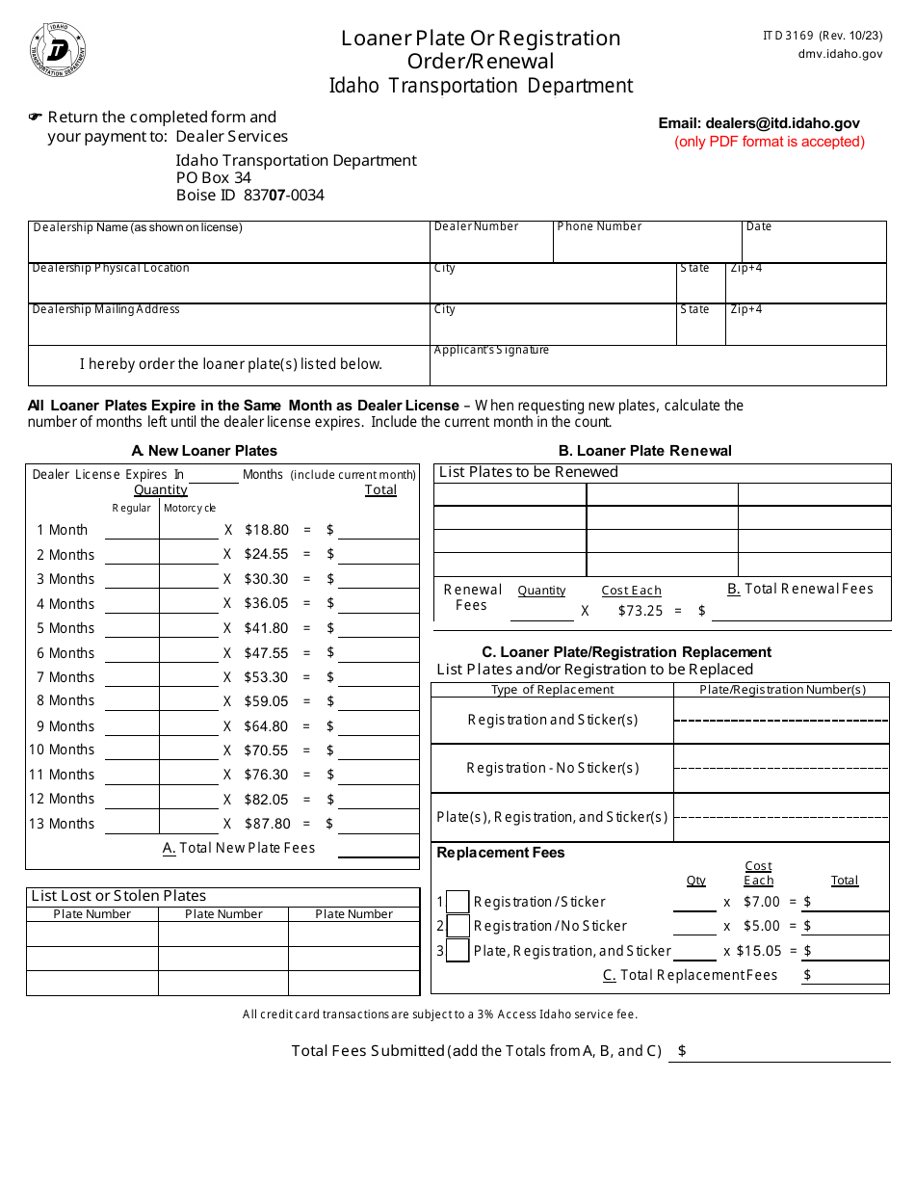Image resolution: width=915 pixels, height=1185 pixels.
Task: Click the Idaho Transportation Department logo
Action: click(x=59, y=50)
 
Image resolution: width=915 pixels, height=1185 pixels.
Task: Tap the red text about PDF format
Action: click(x=770, y=142)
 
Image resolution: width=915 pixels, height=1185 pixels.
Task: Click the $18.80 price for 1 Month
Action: click(x=266, y=530)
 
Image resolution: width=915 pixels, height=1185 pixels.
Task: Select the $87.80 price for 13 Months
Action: click(x=266, y=824)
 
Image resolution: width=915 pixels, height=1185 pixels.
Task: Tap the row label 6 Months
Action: click(x=65, y=653)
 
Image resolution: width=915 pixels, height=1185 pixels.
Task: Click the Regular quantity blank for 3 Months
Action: click(x=131, y=580)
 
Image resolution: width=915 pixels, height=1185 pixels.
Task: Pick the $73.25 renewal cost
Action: click(x=640, y=611)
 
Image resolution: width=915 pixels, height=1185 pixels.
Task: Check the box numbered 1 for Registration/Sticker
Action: click(x=458, y=902)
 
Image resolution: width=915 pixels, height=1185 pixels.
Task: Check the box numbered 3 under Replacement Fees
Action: click(x=458, y=951)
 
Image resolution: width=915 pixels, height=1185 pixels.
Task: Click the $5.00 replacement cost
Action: click(x=762, y=926)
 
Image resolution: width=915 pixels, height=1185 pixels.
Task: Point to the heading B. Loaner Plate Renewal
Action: click(x=644, y=451)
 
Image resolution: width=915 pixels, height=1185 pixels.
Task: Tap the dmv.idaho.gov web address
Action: click(x=840, y=55)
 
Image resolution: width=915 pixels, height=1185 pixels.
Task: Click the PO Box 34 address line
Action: click(x=213, y=178)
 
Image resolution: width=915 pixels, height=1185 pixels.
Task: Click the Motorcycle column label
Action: click(x=190, y=509)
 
